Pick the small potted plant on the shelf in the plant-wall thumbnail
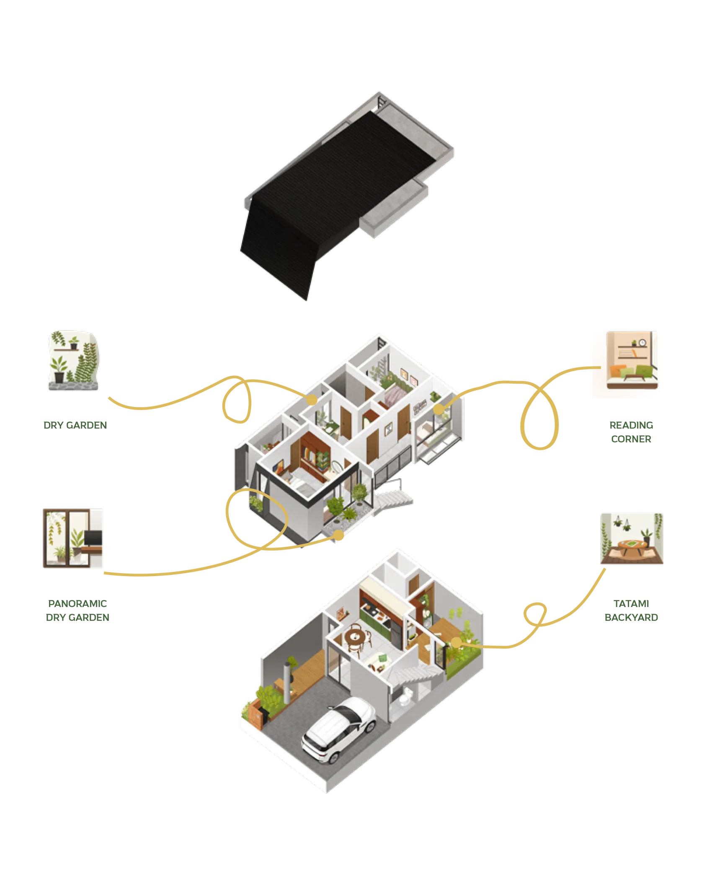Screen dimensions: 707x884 pos(74,344)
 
